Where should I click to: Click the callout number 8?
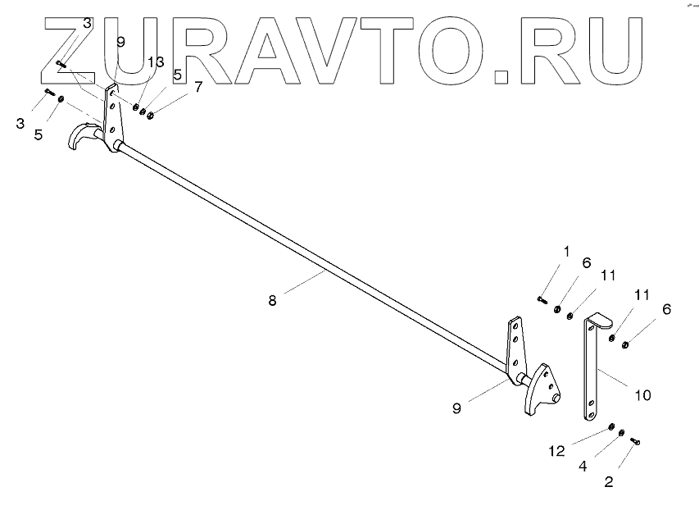coord(272,301)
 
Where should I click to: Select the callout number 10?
coord(642,395)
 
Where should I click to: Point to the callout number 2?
coord(608,481)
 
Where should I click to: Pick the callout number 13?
coord(155,62)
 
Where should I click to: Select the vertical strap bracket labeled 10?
coord(592,369)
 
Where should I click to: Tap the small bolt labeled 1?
coord(542,300)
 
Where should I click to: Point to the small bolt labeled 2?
coord(634,441)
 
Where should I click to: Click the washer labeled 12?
coord(611,427)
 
